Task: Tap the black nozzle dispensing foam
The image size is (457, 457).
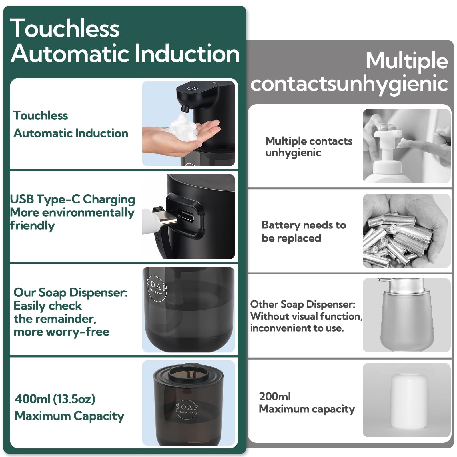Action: click(x=185, y=109)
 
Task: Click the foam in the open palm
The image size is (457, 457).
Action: click(x=183, y=128)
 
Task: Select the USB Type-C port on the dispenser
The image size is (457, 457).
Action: click(x=186, y=215)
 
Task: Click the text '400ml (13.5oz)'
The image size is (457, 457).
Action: click(x=55, y=399)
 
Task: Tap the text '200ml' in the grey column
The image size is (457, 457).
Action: click(x=275, y=396)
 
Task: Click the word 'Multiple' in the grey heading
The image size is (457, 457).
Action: click(x=407, y=61)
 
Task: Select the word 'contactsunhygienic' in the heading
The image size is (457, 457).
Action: click(x=349, y=84)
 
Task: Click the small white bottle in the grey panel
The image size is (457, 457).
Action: click(x=409, y=402)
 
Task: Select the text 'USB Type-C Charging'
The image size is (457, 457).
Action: click(x=72, y=199)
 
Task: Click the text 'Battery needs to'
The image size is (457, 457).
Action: click(x=304, y=225)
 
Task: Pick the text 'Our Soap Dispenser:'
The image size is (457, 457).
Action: click(x=71, y=292)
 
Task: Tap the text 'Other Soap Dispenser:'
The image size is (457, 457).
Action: click(x=303, y=304)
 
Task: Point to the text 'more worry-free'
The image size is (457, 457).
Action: click(x=61, y=332)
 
